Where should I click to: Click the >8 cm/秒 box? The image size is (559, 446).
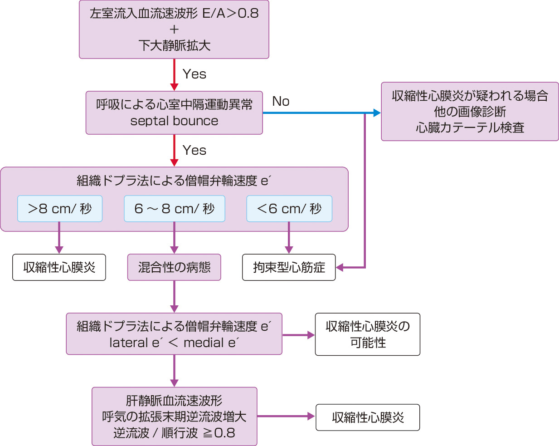[x=60, y=209]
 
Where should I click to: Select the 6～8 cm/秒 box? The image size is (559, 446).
[x=175, y=209]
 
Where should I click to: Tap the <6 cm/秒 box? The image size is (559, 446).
[x=289, y=209]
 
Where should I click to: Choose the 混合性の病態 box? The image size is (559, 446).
[x=174, y=267]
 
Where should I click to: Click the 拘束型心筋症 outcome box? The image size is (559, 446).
[x=289, y=267]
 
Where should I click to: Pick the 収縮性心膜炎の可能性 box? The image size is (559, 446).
[x=367, y=334]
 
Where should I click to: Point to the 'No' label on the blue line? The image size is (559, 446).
[x=281, y=101]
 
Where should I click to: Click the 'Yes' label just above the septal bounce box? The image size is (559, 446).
[x=194, y=74]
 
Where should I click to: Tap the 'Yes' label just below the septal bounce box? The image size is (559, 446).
[x=194, y=150]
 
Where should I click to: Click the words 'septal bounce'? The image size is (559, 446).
[x=174, y=121]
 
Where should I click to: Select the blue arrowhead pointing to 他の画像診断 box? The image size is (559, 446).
[x=377, y=113]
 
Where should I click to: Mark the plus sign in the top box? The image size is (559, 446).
[x=174, y=29]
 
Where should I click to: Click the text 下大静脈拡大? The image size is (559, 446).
[x=174, y=45]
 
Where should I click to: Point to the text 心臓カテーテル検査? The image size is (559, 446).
[x=470, y=127]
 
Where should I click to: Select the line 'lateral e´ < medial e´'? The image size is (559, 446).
[x=174, y=343]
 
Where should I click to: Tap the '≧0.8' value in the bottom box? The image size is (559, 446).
[x=219, y=433]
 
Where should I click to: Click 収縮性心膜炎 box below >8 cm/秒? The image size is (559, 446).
[x=59, y=267]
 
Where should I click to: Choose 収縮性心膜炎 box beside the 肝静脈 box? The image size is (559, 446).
[x=367, y=417]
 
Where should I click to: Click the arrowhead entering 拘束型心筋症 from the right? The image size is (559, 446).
[x=340, y=267]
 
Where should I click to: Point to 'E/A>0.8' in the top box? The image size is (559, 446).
[x=230, y=13]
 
